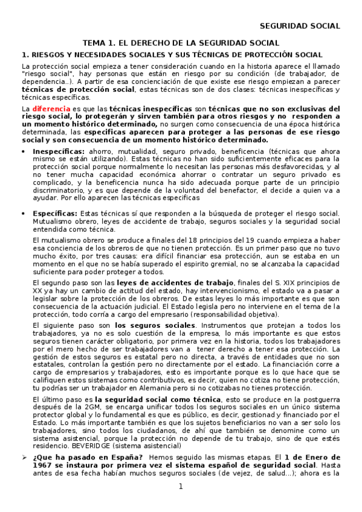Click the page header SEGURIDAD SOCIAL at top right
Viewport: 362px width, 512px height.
pyautogui.click(x=300, y=25)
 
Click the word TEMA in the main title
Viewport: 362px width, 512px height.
pyautogui.click(x=95, y=43)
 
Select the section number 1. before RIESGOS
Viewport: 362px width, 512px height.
pyautogui.click(x=25, y=54)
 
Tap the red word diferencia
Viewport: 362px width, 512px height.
pyautogui.click(x=51, y=107)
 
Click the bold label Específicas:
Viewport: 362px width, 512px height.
pyautogui.click(x=54, y=213)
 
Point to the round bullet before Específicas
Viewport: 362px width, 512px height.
pyautogui.click(x=24, y=214)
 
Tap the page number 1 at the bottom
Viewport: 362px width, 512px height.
pyautogui.click(x=180, y=487)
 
